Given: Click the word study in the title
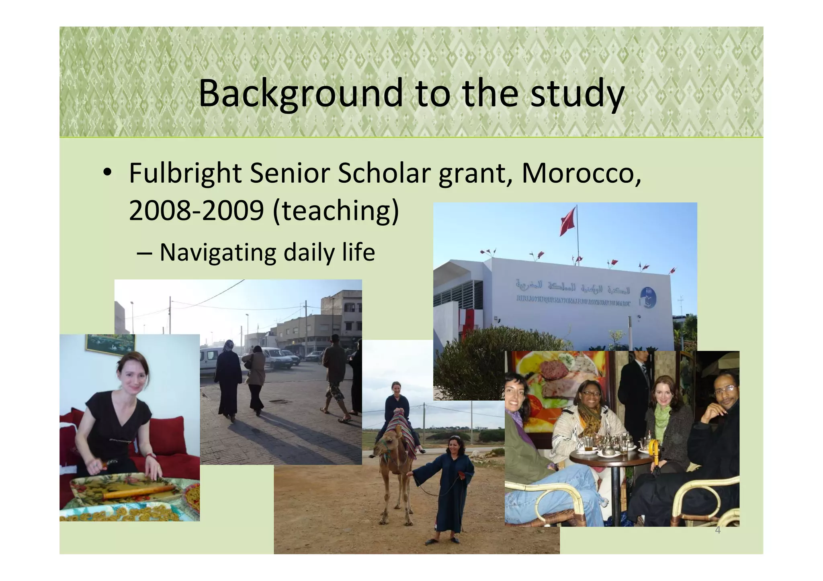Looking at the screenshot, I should point(577,94).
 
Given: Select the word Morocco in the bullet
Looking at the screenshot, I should point(580,173).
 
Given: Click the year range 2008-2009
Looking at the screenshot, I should point(196,210).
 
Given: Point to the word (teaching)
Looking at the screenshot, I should point(336,210).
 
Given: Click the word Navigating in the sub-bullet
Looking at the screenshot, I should point(218,253).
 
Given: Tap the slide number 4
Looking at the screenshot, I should point(718,531).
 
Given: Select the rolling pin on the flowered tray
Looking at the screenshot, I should point(139,492).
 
